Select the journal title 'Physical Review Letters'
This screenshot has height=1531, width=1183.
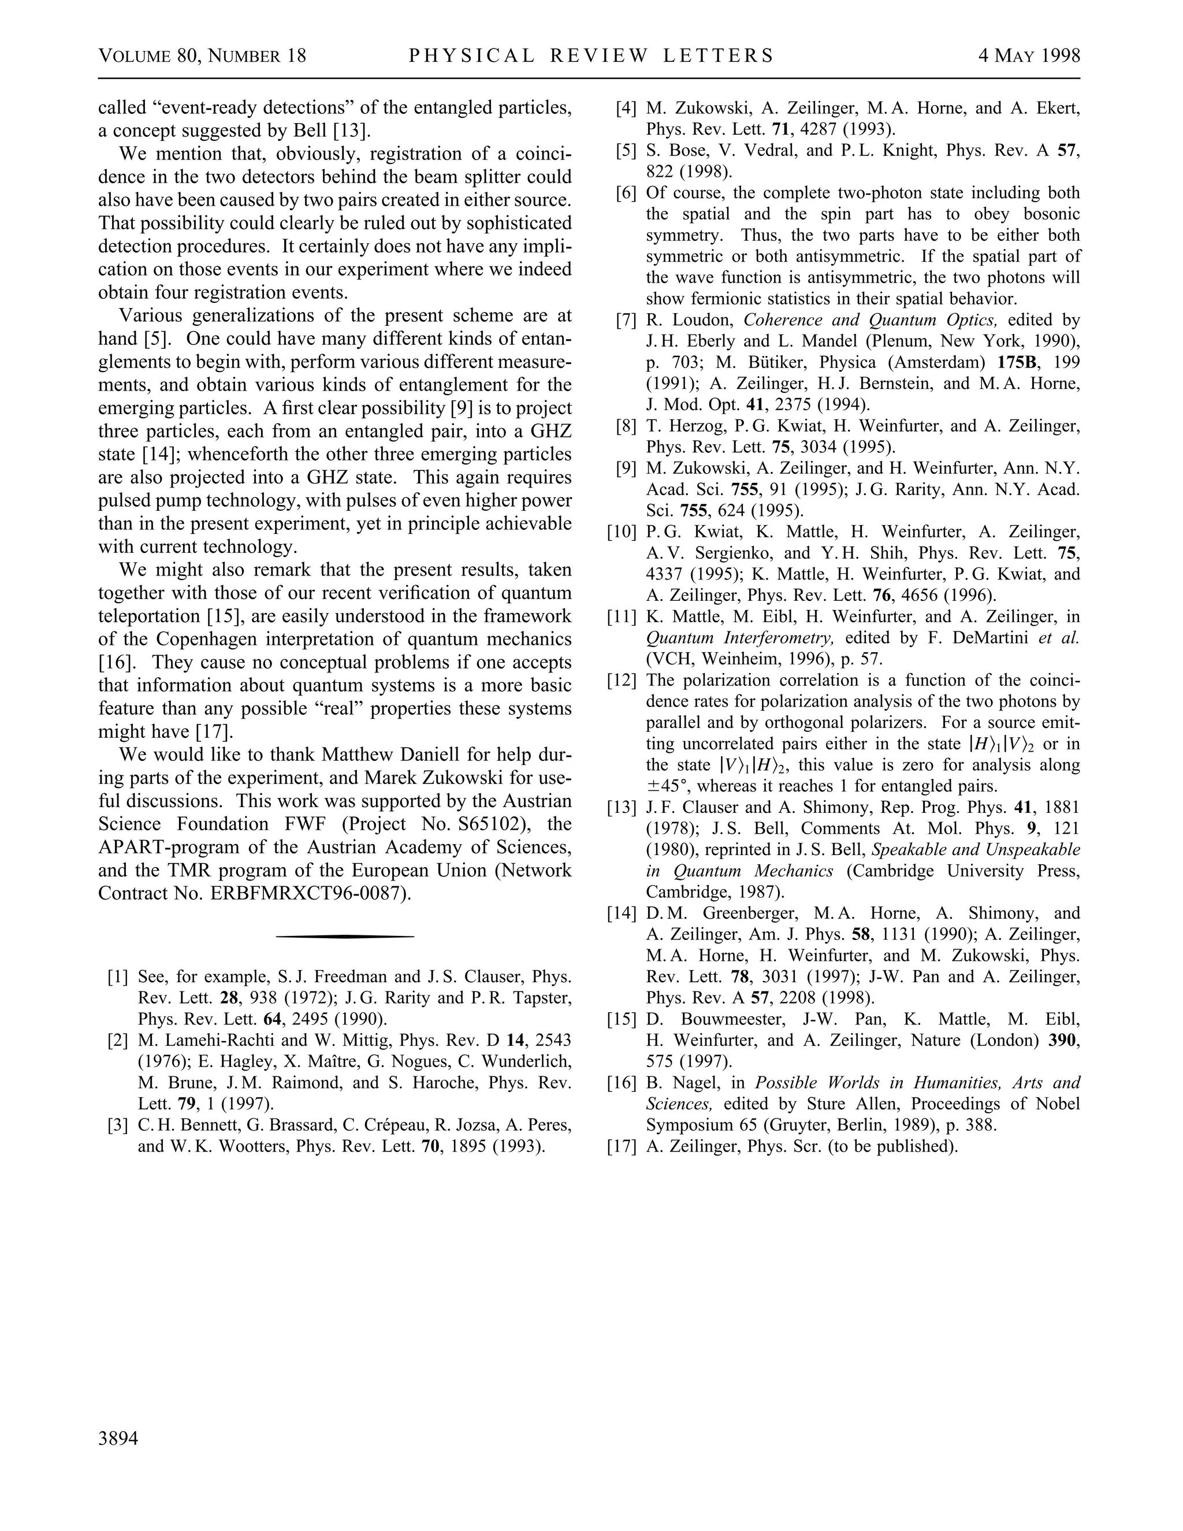coord(591,55)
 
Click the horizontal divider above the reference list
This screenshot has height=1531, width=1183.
coord(345,936)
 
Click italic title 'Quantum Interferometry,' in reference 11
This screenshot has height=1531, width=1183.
coord(740,638)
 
